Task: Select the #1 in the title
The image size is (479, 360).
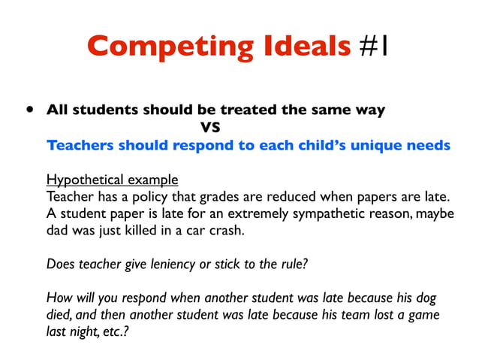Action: pos(373,47)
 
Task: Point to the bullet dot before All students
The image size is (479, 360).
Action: pos(29,109)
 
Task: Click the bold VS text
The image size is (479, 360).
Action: pos(209,127)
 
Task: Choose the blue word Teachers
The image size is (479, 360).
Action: pos(80,145)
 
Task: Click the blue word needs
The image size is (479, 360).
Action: pos(427,145)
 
